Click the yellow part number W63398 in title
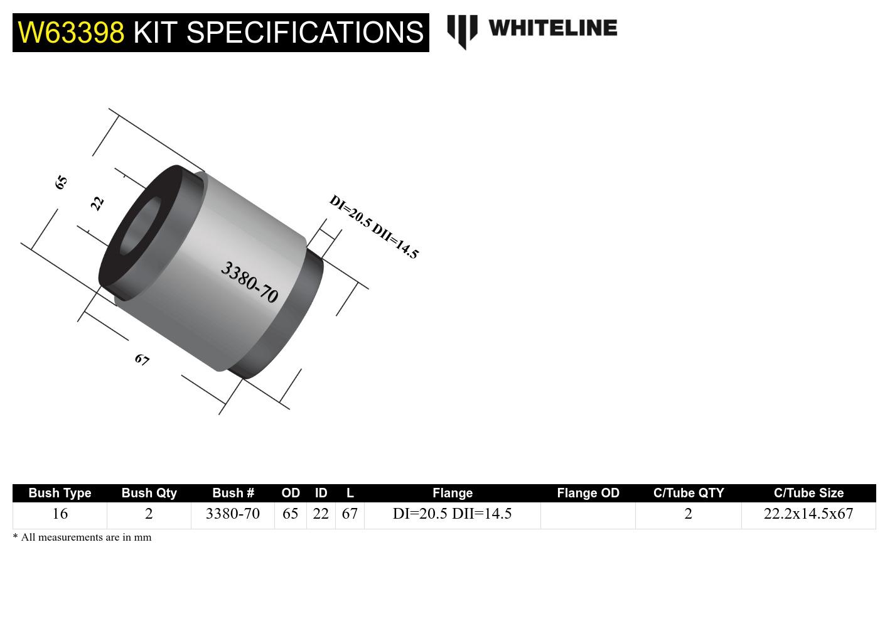[71, 32]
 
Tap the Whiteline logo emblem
[462, 31]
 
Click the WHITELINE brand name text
[552, 28]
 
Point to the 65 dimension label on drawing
[61, 183]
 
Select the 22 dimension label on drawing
[97, 203]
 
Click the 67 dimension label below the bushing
[142, 360]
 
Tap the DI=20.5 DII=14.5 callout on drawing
[373, 227]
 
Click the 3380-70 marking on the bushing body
[249, 282]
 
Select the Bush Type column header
[60, 493]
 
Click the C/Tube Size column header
[808, 493]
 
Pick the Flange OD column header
[588, 493]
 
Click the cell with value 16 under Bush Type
[60, 514]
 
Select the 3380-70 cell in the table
[233, 514]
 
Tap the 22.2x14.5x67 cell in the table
[808, 514]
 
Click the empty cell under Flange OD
[588, 515]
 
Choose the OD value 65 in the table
[290, 514]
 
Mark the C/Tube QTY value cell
[688, 514]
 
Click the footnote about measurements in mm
[82, 537]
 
